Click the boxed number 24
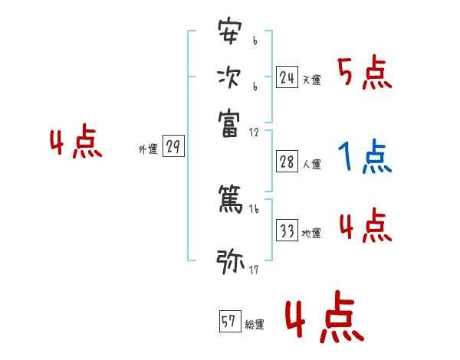coord(287,77)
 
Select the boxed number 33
coord(287,230)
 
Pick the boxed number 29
coord(172,146)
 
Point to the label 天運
coord(311,80)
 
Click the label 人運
coord(311,163)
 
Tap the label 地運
coord(311,233)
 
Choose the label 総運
coord(255,324)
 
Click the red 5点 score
coord(365,73)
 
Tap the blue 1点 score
coord(364,158)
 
